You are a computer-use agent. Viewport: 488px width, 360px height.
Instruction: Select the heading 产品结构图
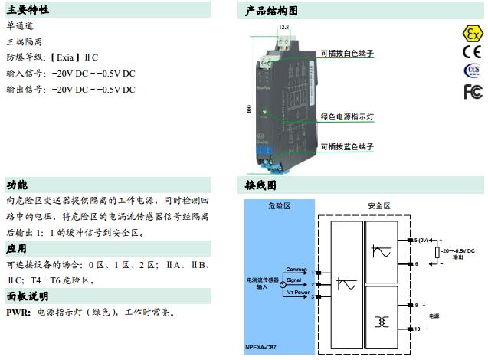click(x=271, y=10)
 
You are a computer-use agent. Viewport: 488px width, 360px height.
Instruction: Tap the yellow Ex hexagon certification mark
click(x=473, y=34)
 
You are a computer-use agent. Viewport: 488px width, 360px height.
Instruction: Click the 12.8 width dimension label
click(x=284, y=28)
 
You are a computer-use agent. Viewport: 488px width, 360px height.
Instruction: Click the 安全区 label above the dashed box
click(x=379, y=206)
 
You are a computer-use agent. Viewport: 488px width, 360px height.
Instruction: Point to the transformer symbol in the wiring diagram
click(x=378, y=301)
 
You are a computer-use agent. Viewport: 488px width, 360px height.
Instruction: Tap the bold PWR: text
click(x=18, y=312)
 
